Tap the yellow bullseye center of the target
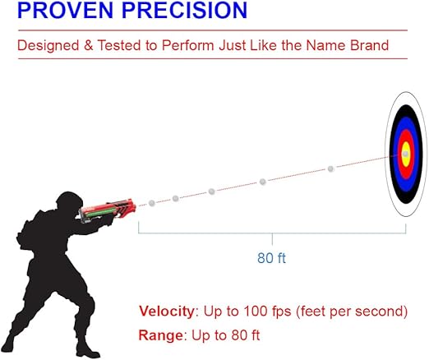pos(405,154)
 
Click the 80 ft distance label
pos(271,258)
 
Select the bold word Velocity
pos(165,312)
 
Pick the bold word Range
pos(159,335)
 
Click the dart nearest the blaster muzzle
pos(151,202)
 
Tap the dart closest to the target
pos(331,168)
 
